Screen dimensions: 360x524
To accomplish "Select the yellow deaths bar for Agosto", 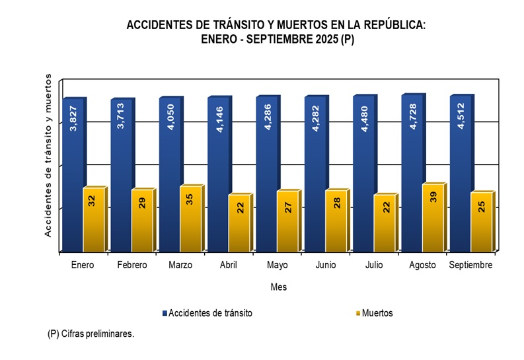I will point(433,218).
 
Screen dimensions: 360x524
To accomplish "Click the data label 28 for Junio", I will point(336,202).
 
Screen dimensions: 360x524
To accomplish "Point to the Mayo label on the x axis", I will point(278,265).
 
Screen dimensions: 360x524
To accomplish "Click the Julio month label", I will point(374,265).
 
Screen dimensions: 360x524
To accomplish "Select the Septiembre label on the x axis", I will point(471,265).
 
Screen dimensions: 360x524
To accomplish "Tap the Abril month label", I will point(229,265).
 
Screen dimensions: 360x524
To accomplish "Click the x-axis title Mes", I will point(278,287).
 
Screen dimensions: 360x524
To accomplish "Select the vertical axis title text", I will point(48,155).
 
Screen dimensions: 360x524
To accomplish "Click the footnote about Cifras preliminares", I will point(91,334).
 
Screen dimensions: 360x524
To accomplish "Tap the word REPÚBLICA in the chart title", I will point(389,25).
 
